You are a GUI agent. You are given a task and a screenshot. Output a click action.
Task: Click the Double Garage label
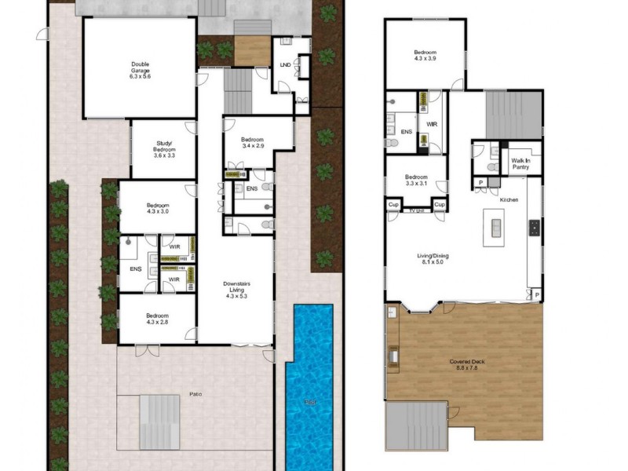click(x=141, y=71)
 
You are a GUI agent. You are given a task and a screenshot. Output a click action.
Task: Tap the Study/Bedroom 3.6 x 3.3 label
click(x=165, y=150)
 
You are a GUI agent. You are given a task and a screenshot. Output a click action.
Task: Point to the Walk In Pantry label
click(x=520, y=162)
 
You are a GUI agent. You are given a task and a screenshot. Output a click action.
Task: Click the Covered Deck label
click(x=466, y=365)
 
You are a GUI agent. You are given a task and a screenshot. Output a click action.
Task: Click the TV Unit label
click(x=416, y=210)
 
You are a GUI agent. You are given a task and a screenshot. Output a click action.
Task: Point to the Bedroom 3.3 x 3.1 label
click(x=416, y=180)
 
